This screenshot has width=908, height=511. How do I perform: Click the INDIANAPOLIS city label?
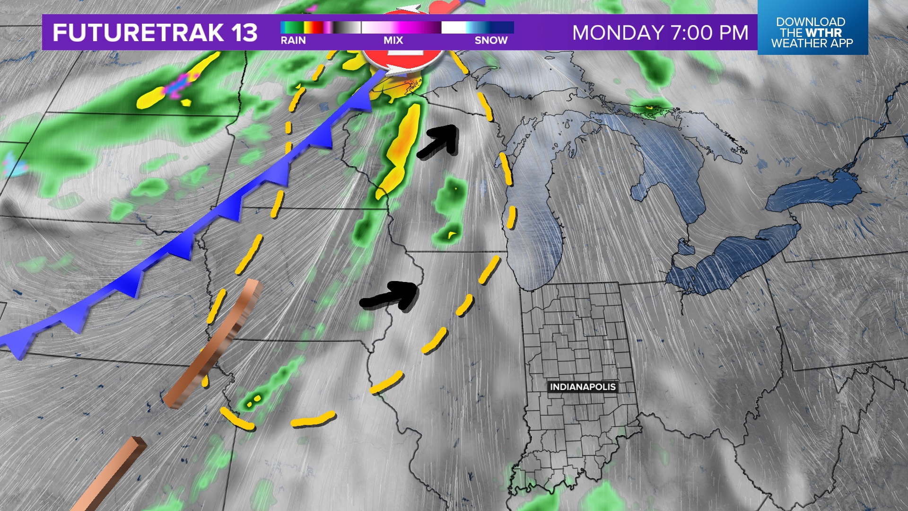583,387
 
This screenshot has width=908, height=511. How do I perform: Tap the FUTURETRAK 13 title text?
155,33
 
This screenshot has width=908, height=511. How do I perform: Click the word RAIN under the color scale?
293,40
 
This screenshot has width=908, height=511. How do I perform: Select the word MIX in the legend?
393,40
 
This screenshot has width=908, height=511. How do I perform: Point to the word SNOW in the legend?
491,40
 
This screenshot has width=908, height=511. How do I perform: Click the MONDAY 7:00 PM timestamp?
660,33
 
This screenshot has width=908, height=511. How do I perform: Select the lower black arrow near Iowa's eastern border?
391,295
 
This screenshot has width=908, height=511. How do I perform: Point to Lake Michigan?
534,213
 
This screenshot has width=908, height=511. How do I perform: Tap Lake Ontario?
813,194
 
